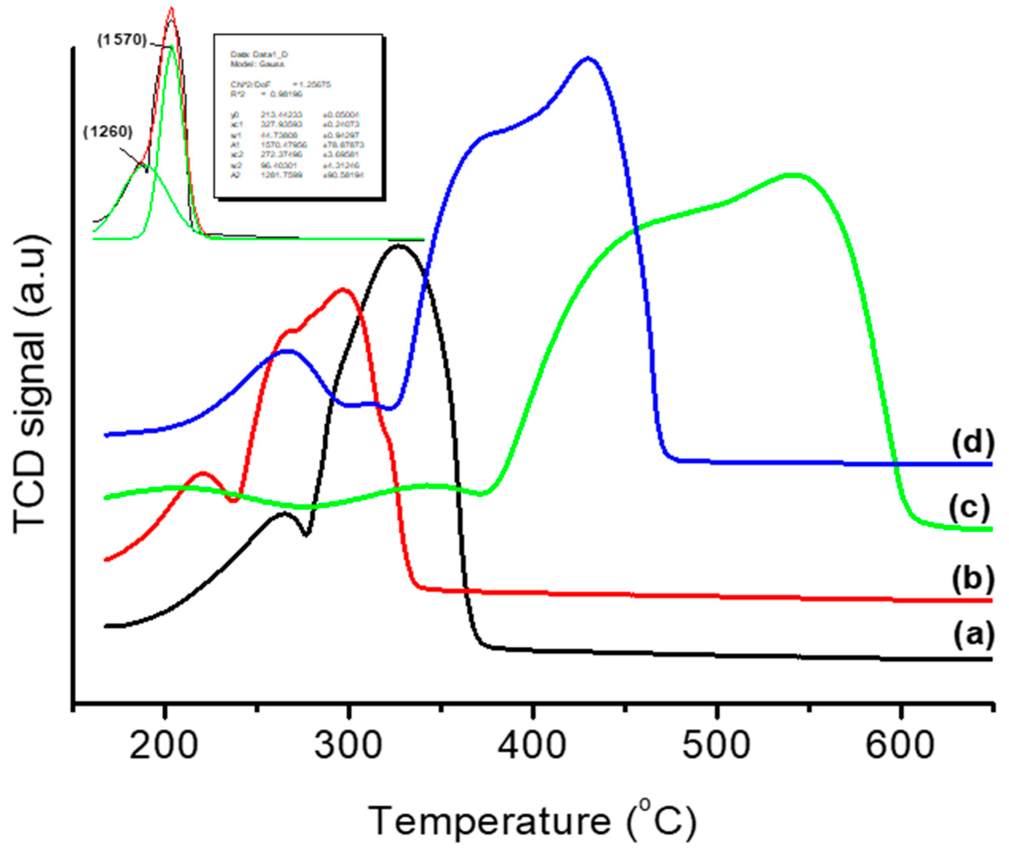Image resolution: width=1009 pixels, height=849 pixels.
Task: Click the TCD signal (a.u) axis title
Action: pyautogui.click(x=30, y=385)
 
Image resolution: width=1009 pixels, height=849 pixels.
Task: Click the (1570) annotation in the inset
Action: pyautogui.click(x=122, y=40)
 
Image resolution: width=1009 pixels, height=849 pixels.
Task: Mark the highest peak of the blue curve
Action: pyautogui.click(x=587, y=59)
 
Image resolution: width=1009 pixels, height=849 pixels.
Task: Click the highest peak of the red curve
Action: pyautogui.click(x=343, y=290)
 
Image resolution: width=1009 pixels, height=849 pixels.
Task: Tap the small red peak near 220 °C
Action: pyautogui.click(x=203, y=474)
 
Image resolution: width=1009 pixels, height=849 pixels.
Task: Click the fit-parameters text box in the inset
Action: pyautogui.click(x=299, y=117)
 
